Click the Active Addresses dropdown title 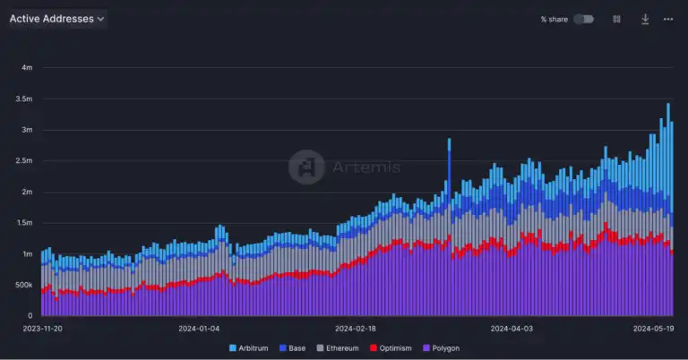[x=56, y=19]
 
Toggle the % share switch [x=583, y=19]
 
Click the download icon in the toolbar [x=644, y=19]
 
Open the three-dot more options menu [x=668, y=19]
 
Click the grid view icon [x=616, y=19]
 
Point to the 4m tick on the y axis [x=27, y=68]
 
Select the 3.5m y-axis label [x=24, y=99]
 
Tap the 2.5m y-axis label [x=24, y=161]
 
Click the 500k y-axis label [x=23, y=285]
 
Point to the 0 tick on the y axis [x=30, y=316]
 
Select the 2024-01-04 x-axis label [x=199, y=329]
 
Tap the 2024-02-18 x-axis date [x=356, y=329]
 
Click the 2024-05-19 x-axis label [x=653, y=329]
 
